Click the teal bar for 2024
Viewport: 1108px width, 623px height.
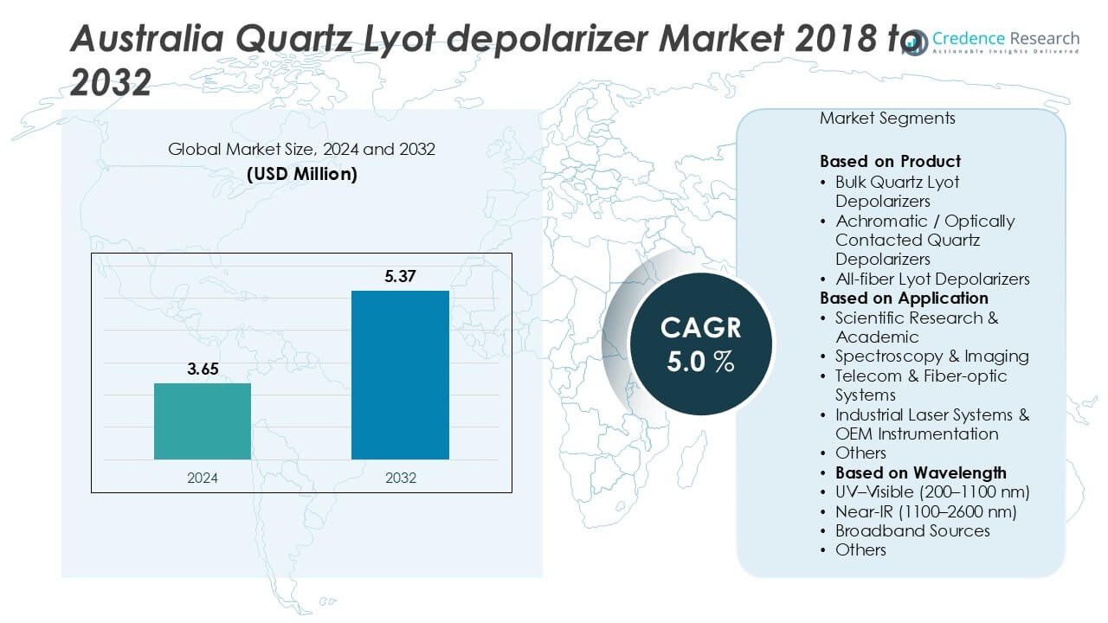pos(203,421)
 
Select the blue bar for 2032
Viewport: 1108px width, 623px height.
pos(400,375)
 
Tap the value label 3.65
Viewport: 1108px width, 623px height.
pos(203,369)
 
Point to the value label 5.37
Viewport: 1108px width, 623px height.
pos(400,277)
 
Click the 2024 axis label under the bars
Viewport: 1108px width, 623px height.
pos(203,478)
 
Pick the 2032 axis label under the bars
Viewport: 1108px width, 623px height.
pos(400,478)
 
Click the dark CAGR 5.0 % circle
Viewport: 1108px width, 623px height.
pos(700,344)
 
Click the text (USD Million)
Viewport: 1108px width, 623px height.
pos(301,173)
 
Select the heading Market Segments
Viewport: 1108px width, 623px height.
pos(887,118)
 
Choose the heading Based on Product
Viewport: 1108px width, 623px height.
pos(890,162)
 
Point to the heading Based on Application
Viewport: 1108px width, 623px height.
pos(904,299)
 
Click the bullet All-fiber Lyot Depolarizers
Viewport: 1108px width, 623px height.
pos(932,279)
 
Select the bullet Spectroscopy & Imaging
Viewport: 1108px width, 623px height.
pos(931,356)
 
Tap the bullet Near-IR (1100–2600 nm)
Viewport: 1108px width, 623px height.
pos(925,511)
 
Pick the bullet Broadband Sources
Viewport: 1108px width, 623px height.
pos(912,530)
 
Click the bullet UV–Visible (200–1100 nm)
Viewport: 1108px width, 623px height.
pos(931,492)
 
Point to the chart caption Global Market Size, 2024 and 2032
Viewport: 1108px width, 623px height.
pos(301,150)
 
